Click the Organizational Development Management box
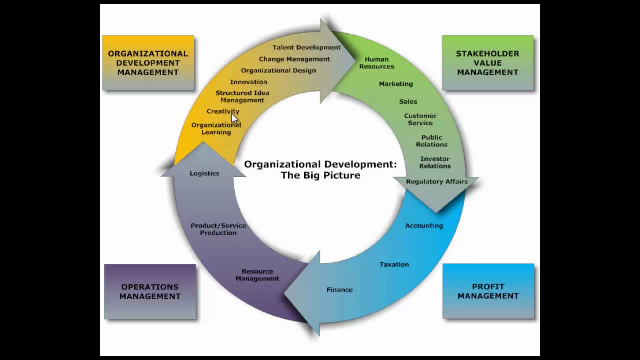pos(148,62)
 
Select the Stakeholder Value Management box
pos(487,62)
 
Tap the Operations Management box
pos(150,291)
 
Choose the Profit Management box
pos(488,291)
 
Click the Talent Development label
pos(306,47)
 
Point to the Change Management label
pos(294,59)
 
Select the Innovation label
pos(248,82)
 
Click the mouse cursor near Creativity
pos(234,118)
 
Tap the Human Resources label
pos(376,63)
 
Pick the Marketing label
pos(396,84)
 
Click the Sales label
pos(408,101)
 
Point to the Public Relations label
pos(432,141)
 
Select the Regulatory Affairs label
pos(437,181)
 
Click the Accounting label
pos(424,225)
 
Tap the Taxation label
pos(394,264)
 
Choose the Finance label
pos(339,289)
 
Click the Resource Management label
pos(257,275)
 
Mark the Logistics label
pos(204,173)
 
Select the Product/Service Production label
pos(218,229)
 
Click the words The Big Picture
pos(320,175)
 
